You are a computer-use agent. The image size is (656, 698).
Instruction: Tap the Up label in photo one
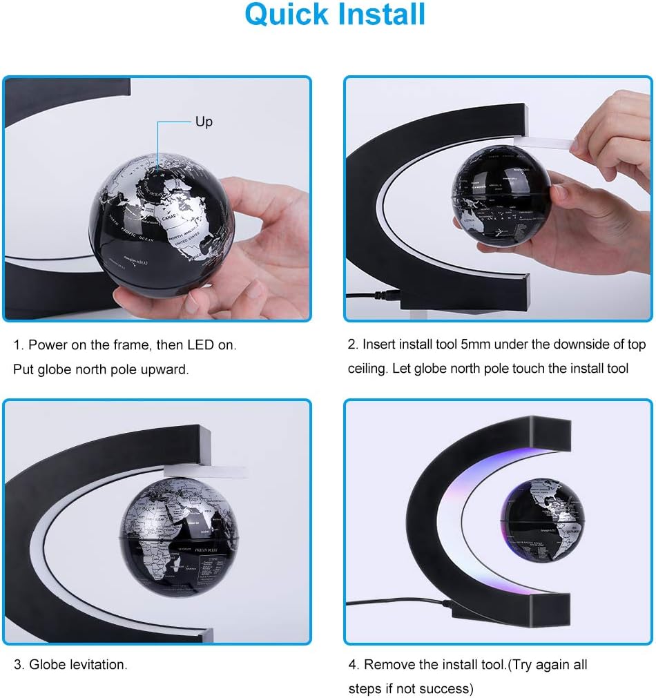point(204,122)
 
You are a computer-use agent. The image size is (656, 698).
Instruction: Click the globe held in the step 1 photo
point(162,221)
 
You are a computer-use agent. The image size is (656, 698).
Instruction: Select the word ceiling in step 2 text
point(367,368)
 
